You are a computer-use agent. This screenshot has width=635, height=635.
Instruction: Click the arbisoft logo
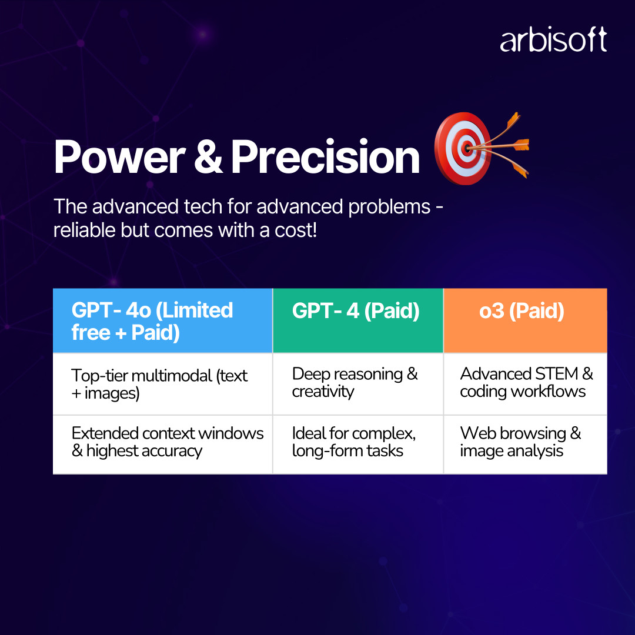click(x=553, y=40)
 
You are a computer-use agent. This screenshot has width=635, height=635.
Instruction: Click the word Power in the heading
click(x=120, y=157)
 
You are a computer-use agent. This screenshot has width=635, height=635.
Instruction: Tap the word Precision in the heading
click(x=325, y=157)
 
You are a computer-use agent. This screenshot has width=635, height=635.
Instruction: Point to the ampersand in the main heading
click(x=208, y=157)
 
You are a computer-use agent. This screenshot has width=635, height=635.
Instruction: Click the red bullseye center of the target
click(x=467, y=148)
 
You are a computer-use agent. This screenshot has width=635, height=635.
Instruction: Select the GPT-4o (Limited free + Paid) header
click(x=163, y=321)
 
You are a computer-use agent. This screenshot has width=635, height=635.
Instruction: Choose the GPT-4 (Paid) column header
click(x=358, y=321)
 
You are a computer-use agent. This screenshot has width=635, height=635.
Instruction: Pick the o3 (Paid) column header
click(x=525, y=321)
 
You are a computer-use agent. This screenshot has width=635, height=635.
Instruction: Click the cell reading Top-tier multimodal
click(x=163, y=384)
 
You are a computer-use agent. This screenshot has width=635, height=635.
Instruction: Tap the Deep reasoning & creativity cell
click(x=358, y=384)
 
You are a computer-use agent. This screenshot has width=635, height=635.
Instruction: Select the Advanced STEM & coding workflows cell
click(x=525, y=384)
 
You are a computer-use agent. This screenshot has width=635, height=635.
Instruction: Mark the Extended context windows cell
click(x=163, y=444)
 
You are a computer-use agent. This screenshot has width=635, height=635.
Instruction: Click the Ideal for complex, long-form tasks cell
click(x=358, y=444)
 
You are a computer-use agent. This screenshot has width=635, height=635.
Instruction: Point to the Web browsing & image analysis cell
click(x=525, y=444)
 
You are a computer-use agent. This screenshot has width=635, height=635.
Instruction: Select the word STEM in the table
click(x=556, y=374)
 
